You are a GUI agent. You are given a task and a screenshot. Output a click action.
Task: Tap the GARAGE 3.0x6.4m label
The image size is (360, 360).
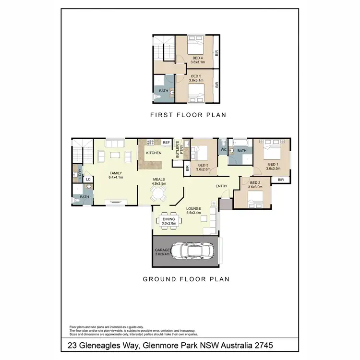click(162, 252)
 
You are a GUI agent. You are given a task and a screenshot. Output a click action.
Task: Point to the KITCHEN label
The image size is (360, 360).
click(153, 153)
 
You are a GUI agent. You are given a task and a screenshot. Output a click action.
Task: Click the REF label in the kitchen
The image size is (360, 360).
click(166, 143)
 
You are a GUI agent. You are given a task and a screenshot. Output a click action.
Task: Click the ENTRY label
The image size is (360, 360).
click(222, 186)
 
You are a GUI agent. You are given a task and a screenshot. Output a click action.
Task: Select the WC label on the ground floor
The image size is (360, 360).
click(223, 150)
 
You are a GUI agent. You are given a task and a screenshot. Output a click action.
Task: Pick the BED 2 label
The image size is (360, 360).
click(255, 185)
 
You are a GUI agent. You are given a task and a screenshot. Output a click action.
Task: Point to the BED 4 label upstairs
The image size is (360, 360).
click(197, 60)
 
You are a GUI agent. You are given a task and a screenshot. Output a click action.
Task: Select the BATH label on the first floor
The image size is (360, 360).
click(164, 90)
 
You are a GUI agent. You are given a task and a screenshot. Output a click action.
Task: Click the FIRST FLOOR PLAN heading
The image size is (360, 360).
click(188, 115)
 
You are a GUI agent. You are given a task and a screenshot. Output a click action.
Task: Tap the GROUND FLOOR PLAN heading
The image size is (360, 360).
click(185, 279)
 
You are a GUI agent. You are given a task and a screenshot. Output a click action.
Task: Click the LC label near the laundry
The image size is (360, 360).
click(88, 180)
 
